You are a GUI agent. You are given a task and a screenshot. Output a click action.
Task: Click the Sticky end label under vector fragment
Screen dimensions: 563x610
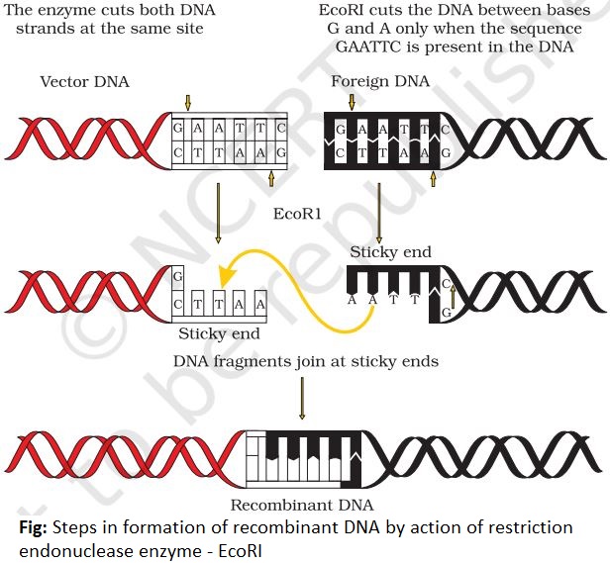pos(218,332)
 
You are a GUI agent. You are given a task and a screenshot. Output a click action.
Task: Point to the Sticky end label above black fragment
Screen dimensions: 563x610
pos(390,252)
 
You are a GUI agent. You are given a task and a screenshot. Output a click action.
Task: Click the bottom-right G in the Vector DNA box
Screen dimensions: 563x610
pos(282,151)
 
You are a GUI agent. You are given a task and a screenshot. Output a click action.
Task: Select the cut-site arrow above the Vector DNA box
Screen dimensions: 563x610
pos(188,102)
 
